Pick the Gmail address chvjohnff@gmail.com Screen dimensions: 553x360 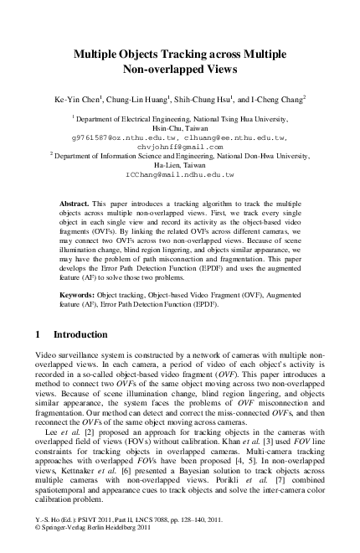click(179, 146)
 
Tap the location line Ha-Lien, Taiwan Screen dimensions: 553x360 click(179, 165)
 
